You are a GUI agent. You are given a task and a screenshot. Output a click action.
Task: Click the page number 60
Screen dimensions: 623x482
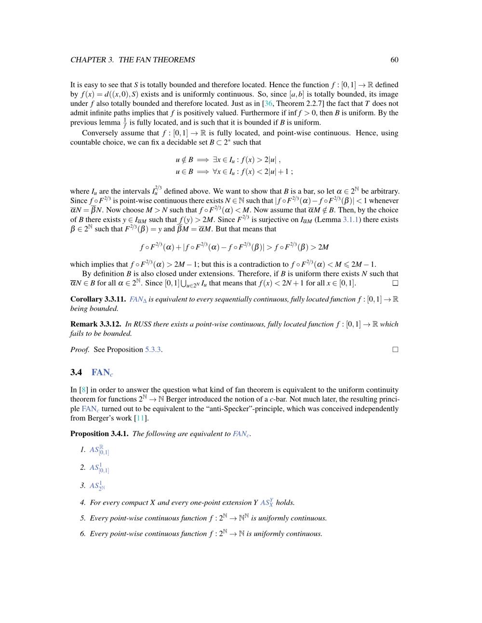(x=394, y=60)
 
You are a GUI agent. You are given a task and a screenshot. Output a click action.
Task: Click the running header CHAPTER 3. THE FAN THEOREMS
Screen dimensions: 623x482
(x=133, y=60)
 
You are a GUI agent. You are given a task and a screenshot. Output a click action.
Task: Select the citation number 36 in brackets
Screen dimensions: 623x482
(x=268, y=104)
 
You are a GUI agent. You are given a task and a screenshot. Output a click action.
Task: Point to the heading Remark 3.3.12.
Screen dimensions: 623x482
(x=95, y=324)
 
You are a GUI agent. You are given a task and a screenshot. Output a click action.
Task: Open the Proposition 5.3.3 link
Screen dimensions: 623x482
(x=153, y=350)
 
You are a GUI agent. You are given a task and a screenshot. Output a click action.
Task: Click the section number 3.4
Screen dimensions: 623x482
(x=76, y=372)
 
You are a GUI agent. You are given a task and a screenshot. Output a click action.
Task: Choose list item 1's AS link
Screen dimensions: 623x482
(x=99, y=450)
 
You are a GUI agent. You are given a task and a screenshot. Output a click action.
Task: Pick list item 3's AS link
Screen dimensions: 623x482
(x=97, y=486)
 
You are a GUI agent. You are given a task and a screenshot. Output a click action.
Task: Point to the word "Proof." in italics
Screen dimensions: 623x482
(x=80, y=350)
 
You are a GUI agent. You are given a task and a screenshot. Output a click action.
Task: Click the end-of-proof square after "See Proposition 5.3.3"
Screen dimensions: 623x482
(x=395, y=350)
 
